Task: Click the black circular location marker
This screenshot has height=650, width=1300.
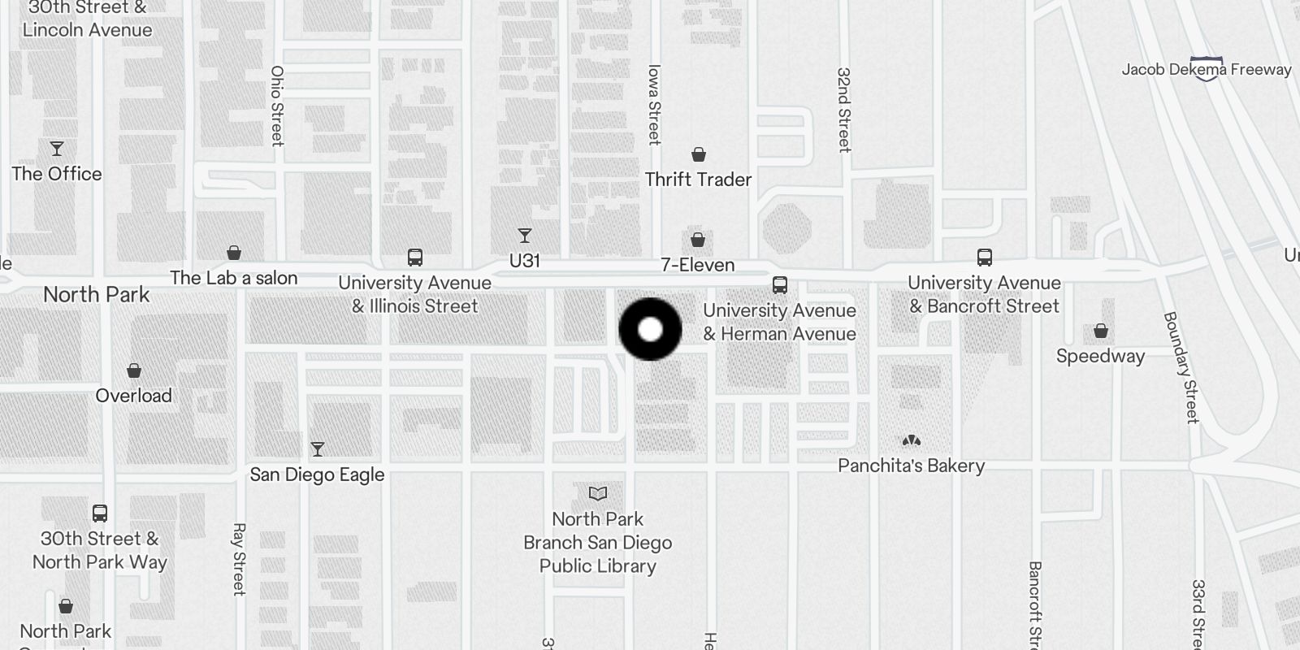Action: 650,329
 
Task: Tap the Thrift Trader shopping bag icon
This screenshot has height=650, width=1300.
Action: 698,154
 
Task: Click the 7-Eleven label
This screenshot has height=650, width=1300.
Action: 697,265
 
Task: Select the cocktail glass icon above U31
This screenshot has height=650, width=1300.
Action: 525,236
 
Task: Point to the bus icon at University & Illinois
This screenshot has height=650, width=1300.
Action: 415,258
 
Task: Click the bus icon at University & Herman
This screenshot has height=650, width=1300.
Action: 780,285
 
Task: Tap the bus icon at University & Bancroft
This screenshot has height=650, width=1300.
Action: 985,258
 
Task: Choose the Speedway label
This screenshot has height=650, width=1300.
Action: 1100,356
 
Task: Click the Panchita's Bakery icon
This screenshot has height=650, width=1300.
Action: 912,440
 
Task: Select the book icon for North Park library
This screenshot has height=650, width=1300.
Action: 598,493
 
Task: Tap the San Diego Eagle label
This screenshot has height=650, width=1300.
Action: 317,474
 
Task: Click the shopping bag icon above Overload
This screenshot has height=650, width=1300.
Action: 134,371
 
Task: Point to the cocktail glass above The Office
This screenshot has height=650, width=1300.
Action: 57,149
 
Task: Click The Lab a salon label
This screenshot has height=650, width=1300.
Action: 234,278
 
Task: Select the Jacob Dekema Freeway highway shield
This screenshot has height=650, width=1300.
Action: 1207,69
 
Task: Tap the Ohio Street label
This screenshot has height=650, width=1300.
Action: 277,106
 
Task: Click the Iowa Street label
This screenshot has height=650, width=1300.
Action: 654,104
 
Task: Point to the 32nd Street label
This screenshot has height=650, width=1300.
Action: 844,110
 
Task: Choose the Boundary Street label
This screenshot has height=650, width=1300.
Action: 1181,367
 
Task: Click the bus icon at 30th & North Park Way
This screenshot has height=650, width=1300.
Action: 100,513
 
